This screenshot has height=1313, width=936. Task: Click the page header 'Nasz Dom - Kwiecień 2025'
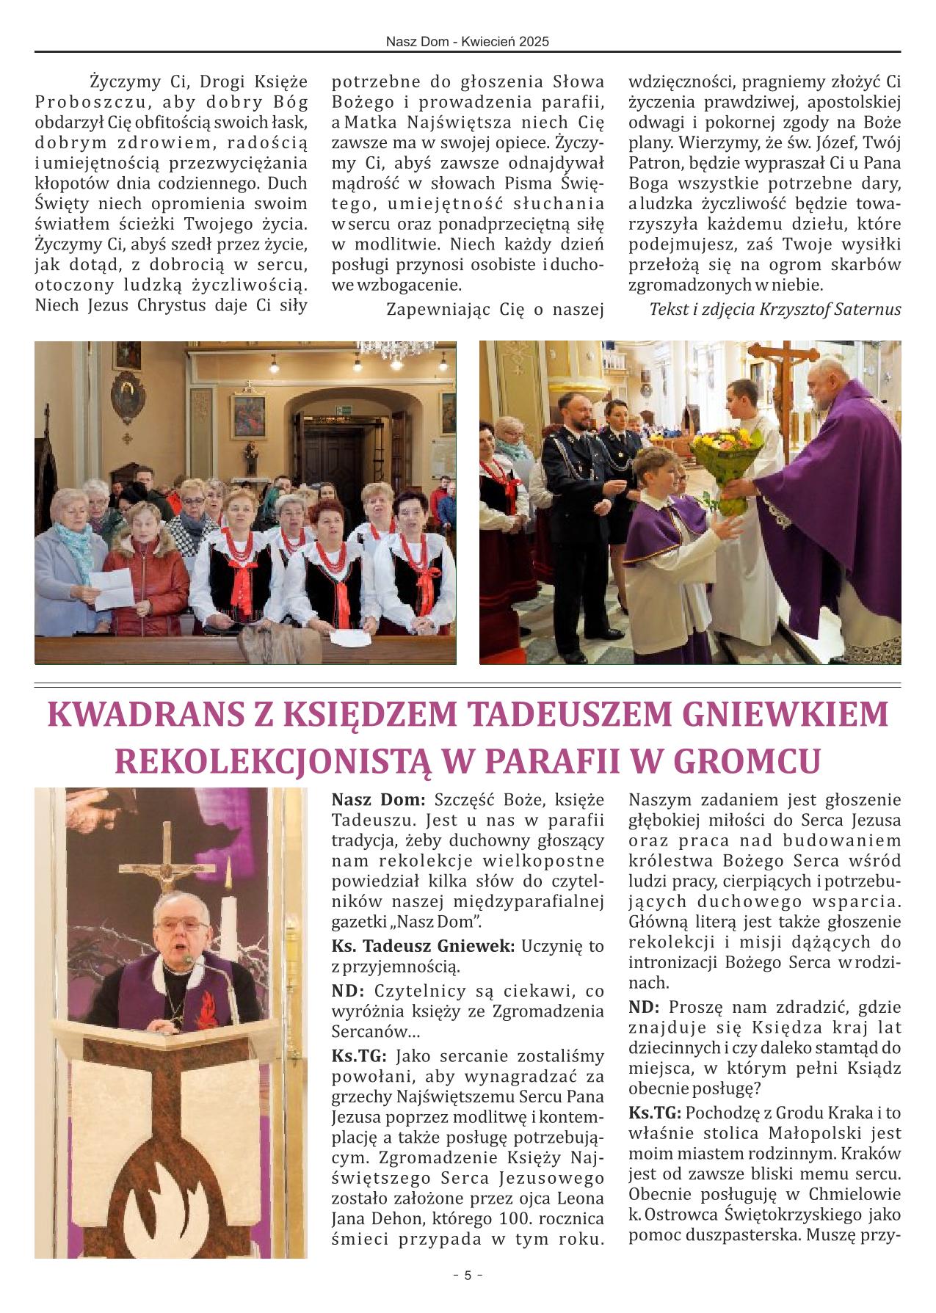[468, 43]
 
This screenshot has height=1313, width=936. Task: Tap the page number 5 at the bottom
[468, 1276]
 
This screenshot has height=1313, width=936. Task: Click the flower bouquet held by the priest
[723, 465]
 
